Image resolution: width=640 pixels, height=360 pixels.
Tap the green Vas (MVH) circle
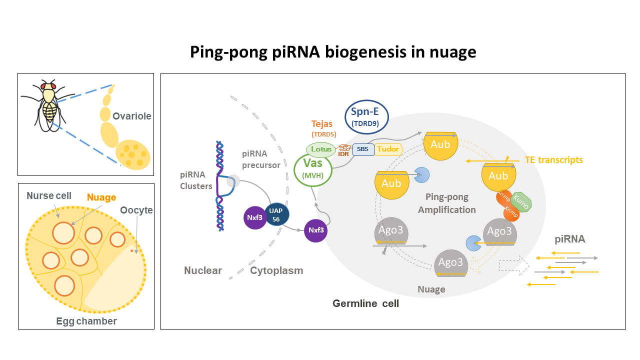point(313,169)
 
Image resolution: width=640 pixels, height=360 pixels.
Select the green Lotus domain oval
point(321,149)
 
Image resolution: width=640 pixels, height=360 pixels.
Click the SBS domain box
point(363,149)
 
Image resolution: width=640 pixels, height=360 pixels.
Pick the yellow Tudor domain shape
point(388,149)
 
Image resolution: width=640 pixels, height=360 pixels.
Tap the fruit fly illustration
point(49,106)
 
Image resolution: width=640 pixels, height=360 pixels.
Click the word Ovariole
point(132,116)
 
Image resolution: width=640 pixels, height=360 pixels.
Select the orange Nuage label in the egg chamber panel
point(101,198)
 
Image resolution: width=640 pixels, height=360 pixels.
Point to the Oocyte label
point(136,210)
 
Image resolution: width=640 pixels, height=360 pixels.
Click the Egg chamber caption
point(86,321)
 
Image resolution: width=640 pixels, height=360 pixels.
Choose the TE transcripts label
point(553,160)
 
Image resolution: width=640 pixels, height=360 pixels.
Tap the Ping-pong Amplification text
point(447,203)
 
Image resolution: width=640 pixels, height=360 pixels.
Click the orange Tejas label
point(322,123)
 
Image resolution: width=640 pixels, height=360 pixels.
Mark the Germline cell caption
point(365,303)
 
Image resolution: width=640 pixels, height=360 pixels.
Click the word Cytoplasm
point(276,270)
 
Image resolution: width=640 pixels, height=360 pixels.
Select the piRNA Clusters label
point(195,180)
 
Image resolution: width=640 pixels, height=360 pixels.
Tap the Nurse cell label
point(50,195)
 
